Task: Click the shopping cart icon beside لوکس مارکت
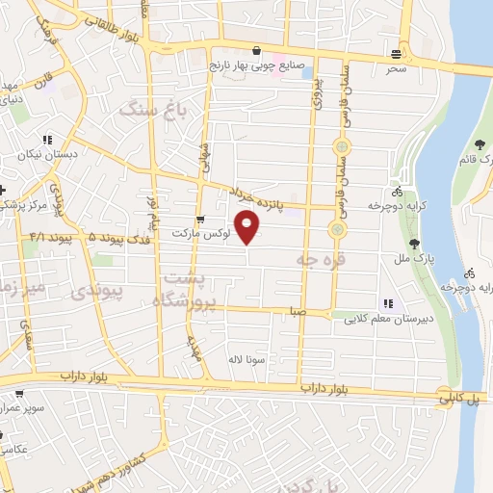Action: [200, 219]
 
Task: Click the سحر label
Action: [396, 69]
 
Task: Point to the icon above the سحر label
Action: [396, 53]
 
